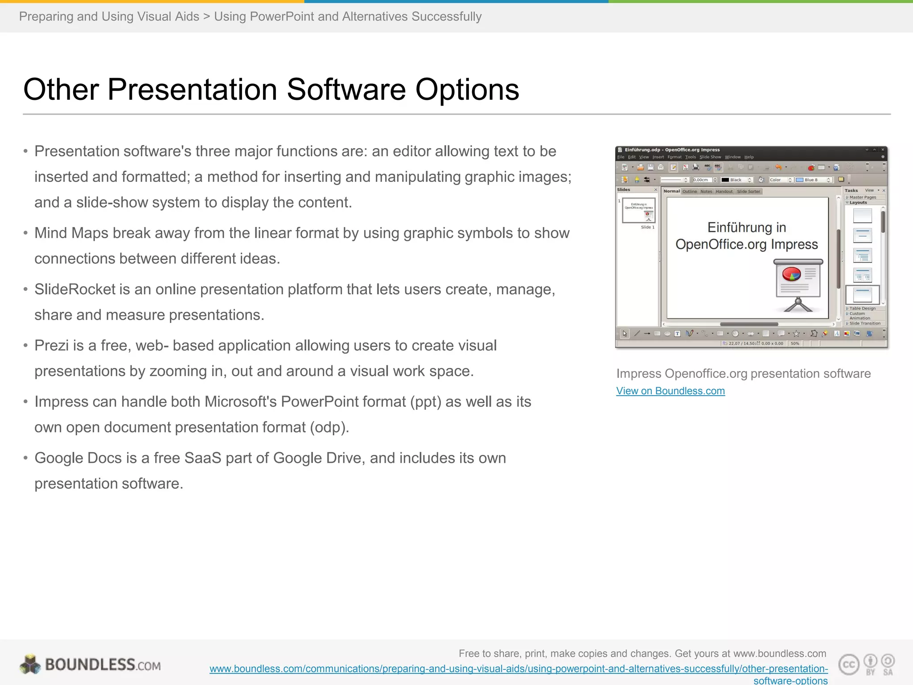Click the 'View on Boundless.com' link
[x=670, y=391]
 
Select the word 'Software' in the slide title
[x=346, y=89]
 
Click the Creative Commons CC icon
[x=848, y=664]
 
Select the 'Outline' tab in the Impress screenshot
[x=689, y=191]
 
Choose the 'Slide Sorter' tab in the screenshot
[x=748, y=191]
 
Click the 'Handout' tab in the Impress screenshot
[x=724, y=191]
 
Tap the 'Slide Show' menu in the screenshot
[x=710, y=157]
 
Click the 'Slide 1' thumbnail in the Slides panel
[x=638, y=210]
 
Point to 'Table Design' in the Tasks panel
[x=862, y=308]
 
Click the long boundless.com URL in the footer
[x=518, y=669]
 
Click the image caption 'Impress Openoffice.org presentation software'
[x=743, y=374]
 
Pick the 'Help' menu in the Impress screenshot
[x=749, y=157]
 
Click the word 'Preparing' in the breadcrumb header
[x=46, y=17]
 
